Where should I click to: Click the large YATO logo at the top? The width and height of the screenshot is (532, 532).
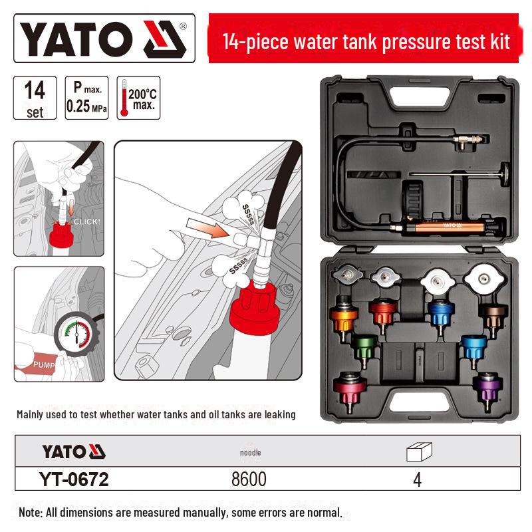pyautogui.click(x=104, y=39)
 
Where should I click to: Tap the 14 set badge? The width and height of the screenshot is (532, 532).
pyautogui.click(x=35, y=98)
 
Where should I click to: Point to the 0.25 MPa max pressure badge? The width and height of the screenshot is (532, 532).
pyautogui.click(x=86, y=98)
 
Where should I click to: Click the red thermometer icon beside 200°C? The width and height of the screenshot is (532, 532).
pyautogui.click(x=123, y=98)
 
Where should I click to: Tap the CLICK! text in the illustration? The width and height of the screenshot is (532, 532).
pyautogui.click(x=87, y=221)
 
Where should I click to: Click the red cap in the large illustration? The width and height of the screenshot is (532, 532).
pyautogui.click(x=249, y=313)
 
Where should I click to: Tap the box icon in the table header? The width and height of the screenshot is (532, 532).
pyautogui.click(x=418, y=452)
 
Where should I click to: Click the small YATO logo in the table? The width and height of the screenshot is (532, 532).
pyautogui.click(x=73, y=452)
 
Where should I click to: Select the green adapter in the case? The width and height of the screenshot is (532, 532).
pyautogui.click(x=364, y=346)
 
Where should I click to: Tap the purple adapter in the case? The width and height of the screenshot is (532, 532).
pyautogui.click(x=486, y=386)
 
